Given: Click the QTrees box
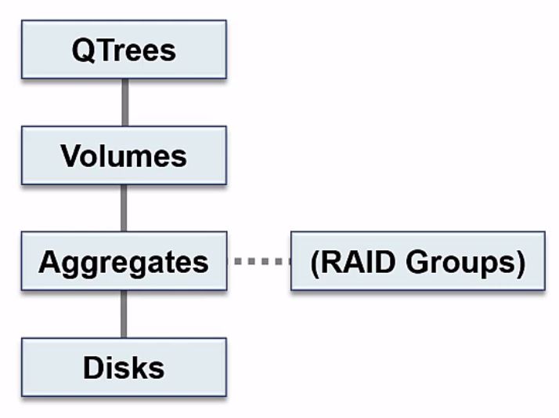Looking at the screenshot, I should (x=124, y=49).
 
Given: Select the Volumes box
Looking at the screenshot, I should (x=124, y=155).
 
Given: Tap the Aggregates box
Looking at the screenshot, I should (x=124, y=261).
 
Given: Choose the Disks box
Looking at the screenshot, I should (x=124, y=367).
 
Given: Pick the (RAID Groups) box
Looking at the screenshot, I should (x=417, y=261).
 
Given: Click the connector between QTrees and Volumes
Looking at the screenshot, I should (x=124, y=102).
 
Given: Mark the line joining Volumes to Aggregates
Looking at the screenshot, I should (x=124, y=208).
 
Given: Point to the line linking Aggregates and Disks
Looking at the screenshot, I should (x=124, y=314).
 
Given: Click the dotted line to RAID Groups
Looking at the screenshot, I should (x=258, y=261).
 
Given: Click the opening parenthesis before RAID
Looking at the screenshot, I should (x=316, y=262).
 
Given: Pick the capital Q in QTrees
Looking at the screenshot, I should (x=82, y=50).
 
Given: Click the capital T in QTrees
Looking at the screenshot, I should (x=102, y=50).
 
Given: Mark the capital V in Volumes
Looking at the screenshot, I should (x=70, y=155).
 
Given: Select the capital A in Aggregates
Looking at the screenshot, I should (x=49, y=261).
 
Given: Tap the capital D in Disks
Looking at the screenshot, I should (x=93, y=367).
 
